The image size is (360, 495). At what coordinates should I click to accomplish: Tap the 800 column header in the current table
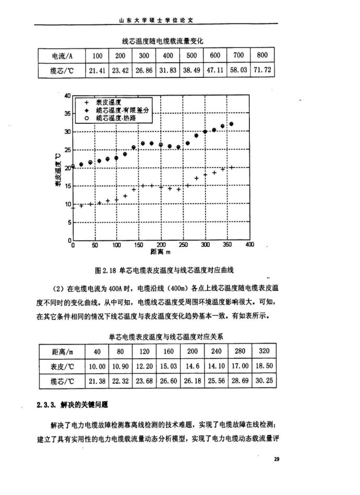click(261, 56)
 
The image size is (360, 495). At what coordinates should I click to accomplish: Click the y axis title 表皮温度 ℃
click(58, 168)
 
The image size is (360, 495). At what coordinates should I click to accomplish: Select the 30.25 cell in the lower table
click(263, 382)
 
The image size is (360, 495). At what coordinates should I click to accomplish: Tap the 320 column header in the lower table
click(263, 351)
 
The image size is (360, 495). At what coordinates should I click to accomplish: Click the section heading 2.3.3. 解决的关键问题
click(73, 405)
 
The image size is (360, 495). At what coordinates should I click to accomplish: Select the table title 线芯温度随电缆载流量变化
click(162, 40)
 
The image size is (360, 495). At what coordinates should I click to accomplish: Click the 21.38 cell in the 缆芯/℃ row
click(97, 382)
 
